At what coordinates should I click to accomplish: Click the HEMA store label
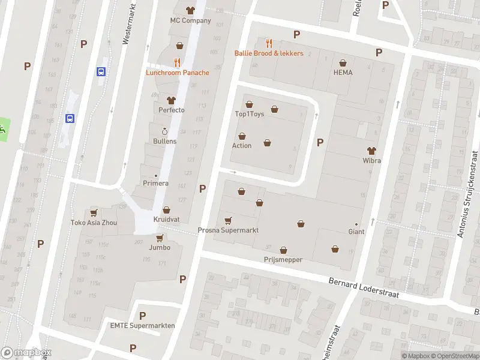(343, 73)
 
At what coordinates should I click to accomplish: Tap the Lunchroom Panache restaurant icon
(177, 62)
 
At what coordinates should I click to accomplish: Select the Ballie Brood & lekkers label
(268, 53)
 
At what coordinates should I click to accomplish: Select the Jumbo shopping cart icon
(160, 238)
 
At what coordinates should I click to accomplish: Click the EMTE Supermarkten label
(142, 326)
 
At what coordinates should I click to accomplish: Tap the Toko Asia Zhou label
(93, 223)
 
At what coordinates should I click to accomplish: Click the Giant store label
(356, 232)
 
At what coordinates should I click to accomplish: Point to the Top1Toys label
(249, 114)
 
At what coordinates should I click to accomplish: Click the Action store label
(242, 146)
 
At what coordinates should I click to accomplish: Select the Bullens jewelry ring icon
(164, 131)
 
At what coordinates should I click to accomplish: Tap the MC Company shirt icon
(191, 10)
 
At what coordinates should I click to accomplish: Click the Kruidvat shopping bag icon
(166, 210)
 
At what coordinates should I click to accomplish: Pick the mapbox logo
(26, 353)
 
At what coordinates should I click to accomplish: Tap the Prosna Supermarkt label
(228, 230)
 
